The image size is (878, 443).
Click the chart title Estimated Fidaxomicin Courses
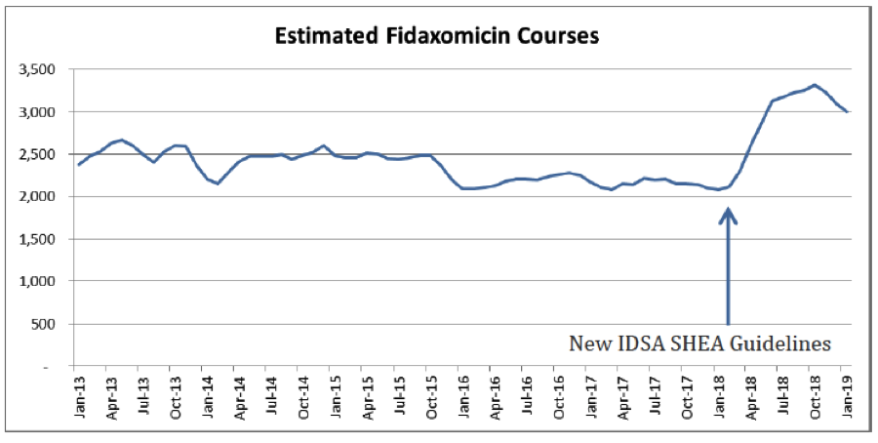(436, 36)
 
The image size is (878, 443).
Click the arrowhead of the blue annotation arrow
(728, 214)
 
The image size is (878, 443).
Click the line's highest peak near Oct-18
(815, 85)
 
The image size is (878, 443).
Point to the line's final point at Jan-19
(847, 112)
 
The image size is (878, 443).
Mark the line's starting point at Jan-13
(79, 164)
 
